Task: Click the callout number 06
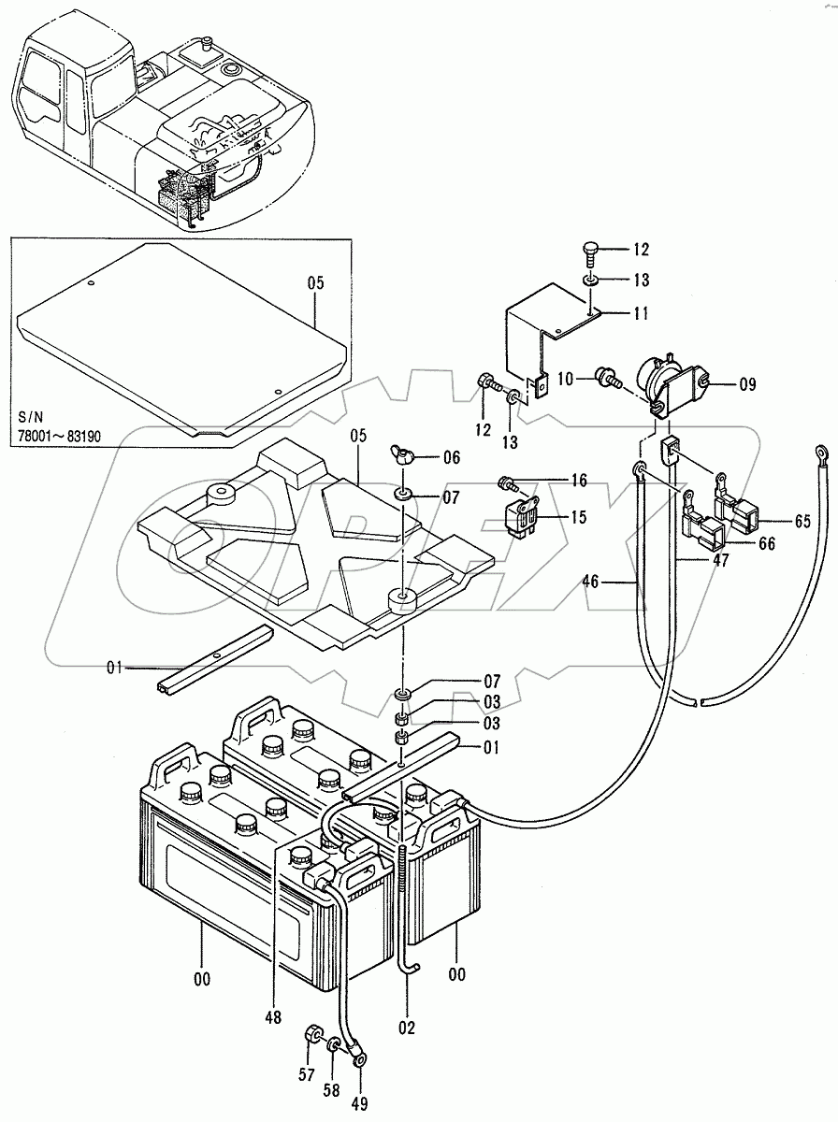coord(452,458)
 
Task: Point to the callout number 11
coord(639,313)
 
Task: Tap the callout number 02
coord(405,1026)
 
